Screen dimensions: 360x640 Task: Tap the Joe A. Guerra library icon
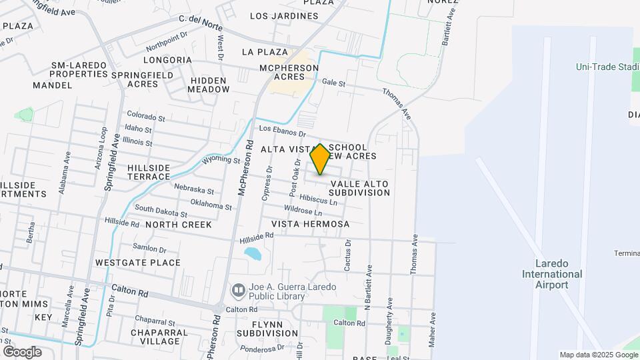238,291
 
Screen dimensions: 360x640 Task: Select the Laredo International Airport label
552,274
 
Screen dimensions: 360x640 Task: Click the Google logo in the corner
22,352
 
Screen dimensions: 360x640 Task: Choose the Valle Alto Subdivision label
359,188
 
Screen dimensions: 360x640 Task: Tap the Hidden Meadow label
209,85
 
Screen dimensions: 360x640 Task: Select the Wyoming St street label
221,160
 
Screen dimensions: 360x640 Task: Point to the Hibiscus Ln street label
319,199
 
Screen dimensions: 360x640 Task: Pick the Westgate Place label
137,263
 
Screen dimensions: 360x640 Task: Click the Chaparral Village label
155,337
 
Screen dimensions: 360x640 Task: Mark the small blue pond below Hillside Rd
253,253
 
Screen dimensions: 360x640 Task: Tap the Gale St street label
334,83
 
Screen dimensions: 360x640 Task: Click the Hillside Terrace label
149,172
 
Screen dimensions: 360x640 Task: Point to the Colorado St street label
145,116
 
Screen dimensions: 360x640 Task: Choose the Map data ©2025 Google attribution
597,355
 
